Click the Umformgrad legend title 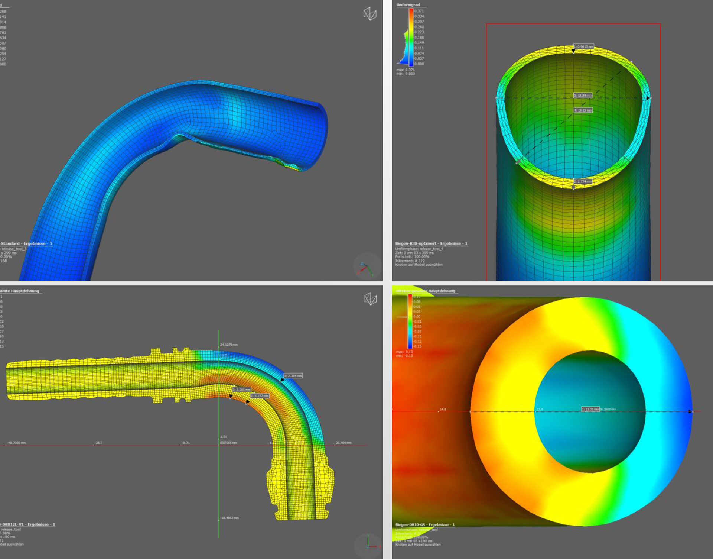pyautogui.click(x=408, y=5)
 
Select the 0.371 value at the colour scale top pyautogui.click(x=419, y=11)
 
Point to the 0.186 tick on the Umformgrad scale pyautogui.click(x=419, y=38)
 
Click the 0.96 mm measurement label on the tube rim pyautogui.click(x=584, y=46)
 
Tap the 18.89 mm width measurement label pyautogui.click(x=583, y=96)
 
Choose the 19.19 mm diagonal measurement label pyautogui.click(x=583, y=110)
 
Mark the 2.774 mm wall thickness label pyautogui.click(x=583, y=181)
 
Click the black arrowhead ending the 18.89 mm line pyautogui.click(x=648, y=98)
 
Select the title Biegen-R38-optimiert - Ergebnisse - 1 pyautogui.click(x=431, y=243)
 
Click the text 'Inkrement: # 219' pyautogui.click(x=410, y=261)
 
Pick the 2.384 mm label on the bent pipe pyautogui.click(x=293, y=376)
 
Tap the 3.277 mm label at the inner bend pyautogui.click(x=259, y=396)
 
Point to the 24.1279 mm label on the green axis pyautogui.click(x=229, y=345)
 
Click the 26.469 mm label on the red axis pyautogui.click(x=344, y=443)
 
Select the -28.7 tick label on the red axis pyautogui.click(x=99, y=443)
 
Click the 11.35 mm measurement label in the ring pyautogui.click(x=590, y=409)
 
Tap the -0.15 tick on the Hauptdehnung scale pyautogui.click(x=417, y=346)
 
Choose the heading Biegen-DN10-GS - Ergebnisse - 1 pyautogui.click(x=425, y=524)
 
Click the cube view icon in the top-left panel pyautogui.click(x=370, y=14)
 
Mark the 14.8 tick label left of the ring pyautogui.click(x=443, y=409)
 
